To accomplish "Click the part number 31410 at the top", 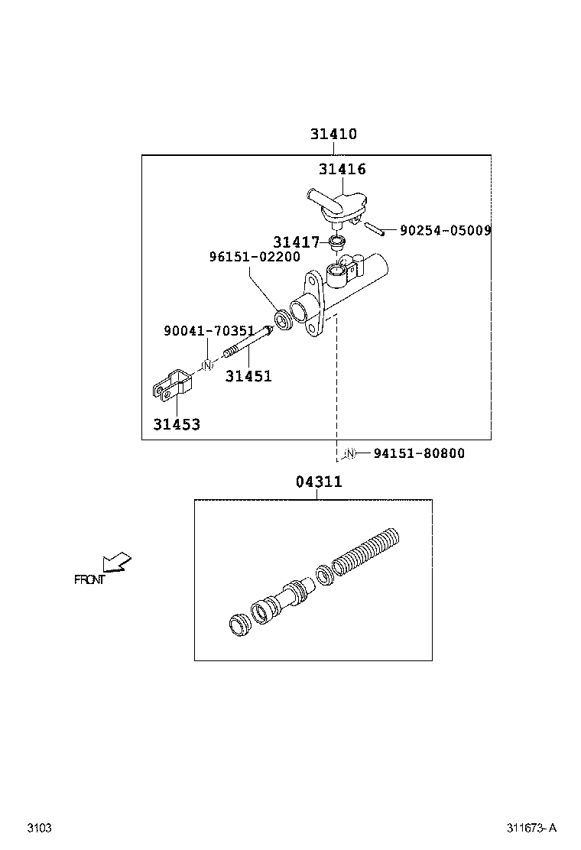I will click(333, 134).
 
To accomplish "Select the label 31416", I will click(342, 169).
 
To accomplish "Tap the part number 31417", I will click(297, 242).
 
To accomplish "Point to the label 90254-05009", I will click(445, 229).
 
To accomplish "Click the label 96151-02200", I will click(255, 257).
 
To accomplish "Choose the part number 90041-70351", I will click(209, 331).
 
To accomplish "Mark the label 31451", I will click(248, 376).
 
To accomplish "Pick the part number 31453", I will click(177, 424).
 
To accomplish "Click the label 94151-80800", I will click(419, 453).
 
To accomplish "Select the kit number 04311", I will click(318, 482).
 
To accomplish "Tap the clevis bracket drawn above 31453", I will click(170, 384).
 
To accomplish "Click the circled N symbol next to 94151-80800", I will click(349, 453).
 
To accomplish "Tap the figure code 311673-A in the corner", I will click(531, 828).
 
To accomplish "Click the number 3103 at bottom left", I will click(39, 828).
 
